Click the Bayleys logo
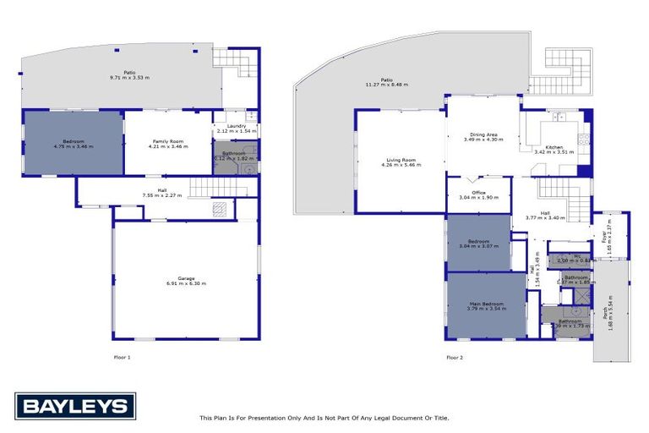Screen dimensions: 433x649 click(x=74, y=407)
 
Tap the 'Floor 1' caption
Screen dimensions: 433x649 click(x=123, y=357)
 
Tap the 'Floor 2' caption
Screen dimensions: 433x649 click(x=455, y=357)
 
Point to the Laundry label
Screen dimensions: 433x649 click(x=236, y=126)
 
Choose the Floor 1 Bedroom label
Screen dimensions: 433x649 click(x=73, y=141)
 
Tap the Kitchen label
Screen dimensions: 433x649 click(x=554, y=147)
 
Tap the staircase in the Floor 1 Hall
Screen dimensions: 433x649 click(x=205, y=187)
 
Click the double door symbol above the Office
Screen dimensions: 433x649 click(x=478, y=180)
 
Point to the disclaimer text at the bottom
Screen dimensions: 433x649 click(x=324, y=417)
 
